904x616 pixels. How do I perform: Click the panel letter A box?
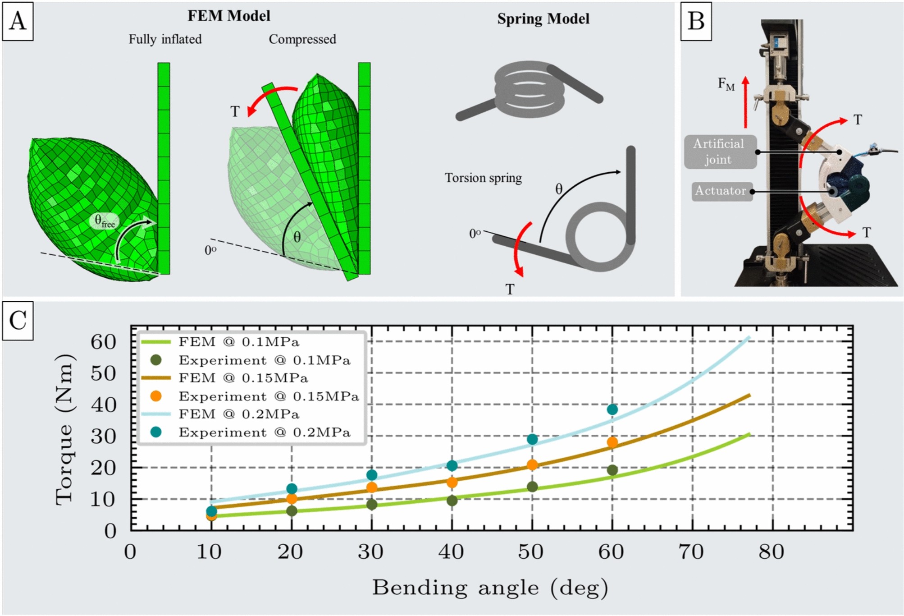pyautogui.click(x=18, y=21)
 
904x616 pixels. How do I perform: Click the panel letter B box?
pyautogui.click(x=696, y=21)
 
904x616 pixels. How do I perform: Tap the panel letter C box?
pyautogui.click(x=18, y=321)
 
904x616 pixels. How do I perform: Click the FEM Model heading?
pyautogui.click(x=229, y=16)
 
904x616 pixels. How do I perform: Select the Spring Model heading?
pyautogui.click(x=543, y=18)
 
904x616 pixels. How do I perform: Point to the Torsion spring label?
pyautogui.click(x=483, y=178)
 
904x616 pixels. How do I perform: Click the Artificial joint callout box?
pyautogui.click(x=719, y=152)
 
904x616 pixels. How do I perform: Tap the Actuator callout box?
pyautogui.click(x=721, y=191)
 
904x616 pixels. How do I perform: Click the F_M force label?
pyautogui.click(x=726, y=84)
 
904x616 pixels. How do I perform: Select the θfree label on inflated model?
pyautogui.click(x=105, y=221)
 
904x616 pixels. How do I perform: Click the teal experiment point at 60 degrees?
pyautogui.click(x=612, y=409)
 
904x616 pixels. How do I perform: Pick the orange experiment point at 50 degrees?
pyautogui.click(x=532, y=464)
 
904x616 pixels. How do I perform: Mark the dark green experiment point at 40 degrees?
pyautogui.click(x=452, y=501)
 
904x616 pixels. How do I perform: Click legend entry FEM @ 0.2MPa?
pyautogui.click(x=239, y=414)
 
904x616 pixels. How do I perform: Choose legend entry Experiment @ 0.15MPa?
pyautogui.click(x=269, y=396)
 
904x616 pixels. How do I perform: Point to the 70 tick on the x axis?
pyautogui.click(x=692, y=552)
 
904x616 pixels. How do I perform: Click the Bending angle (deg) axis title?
pyautogui.click(x=490, y=588)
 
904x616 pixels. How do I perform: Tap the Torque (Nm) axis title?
pyautogui.click(x=64, y=429)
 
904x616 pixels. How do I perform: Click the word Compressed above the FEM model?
pyautogui.click(x=302, y=39)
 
